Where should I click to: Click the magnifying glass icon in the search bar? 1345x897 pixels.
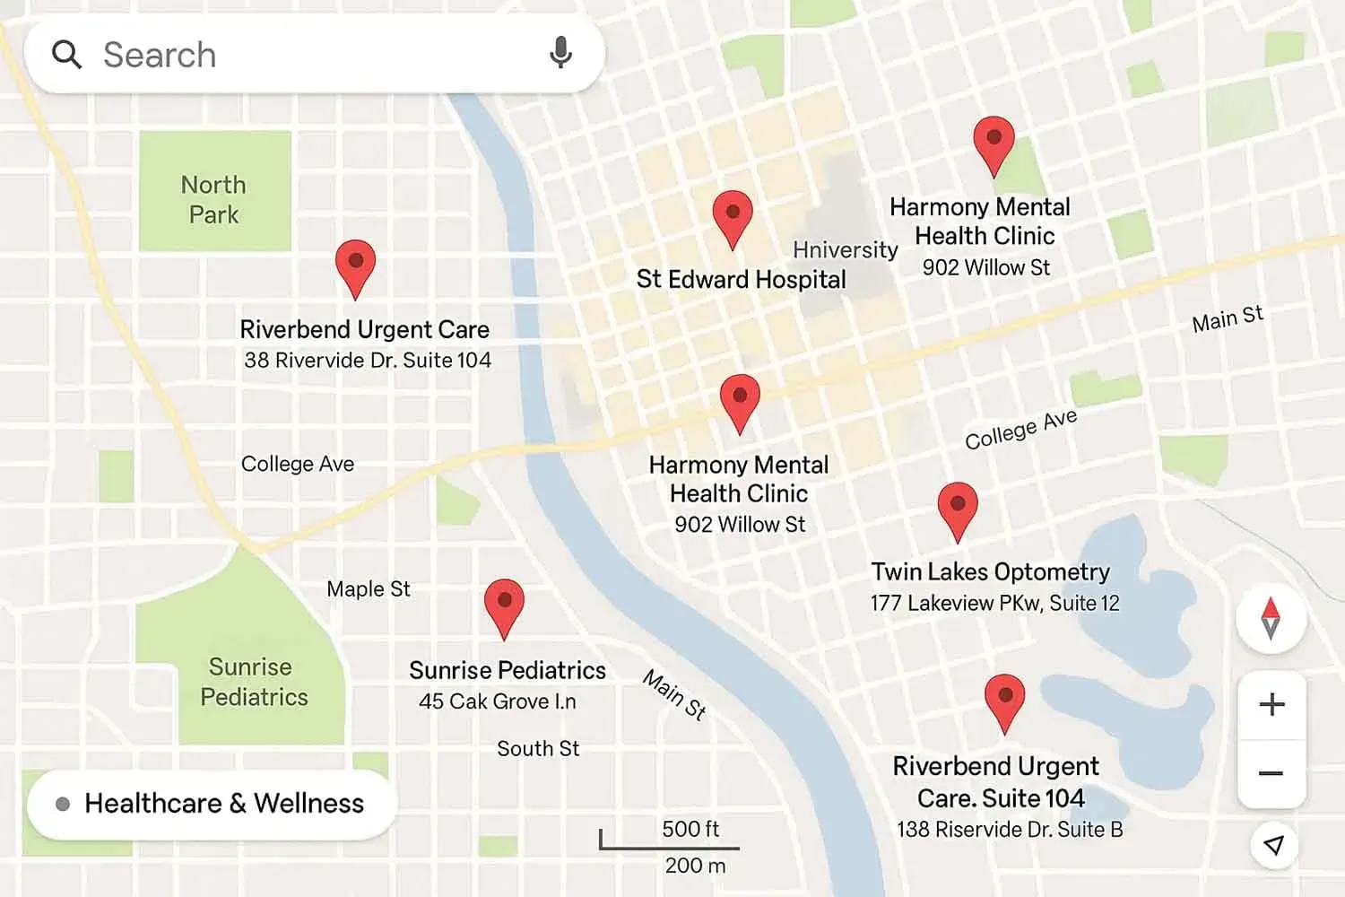(66, 55)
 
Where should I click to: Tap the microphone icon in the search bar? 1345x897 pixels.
(560, 53)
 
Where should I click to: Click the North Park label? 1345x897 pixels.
(213, 199)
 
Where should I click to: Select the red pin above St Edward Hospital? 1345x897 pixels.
(733, 216)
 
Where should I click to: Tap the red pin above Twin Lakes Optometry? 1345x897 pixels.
(957, 508)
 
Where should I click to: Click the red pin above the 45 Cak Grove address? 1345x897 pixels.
(504, 604)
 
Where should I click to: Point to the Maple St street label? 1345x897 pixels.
(368, 589)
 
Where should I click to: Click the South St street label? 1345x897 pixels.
(538, 748)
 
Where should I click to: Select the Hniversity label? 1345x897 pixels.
(845, 249)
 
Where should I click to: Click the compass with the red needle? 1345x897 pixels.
(1271, 618)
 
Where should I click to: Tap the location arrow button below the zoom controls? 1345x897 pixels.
(1273, 844)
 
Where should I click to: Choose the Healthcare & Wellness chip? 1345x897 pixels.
(212, 804)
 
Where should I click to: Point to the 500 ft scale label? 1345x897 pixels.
(690, 829)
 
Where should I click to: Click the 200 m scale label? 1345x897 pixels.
(695, 866)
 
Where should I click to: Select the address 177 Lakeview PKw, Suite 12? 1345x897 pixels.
(994, 603)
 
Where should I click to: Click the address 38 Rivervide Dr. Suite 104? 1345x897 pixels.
(368, 360)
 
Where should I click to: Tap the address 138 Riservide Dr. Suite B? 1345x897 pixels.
(1010, 830)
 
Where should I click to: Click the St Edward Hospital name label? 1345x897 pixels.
(741, 279)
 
